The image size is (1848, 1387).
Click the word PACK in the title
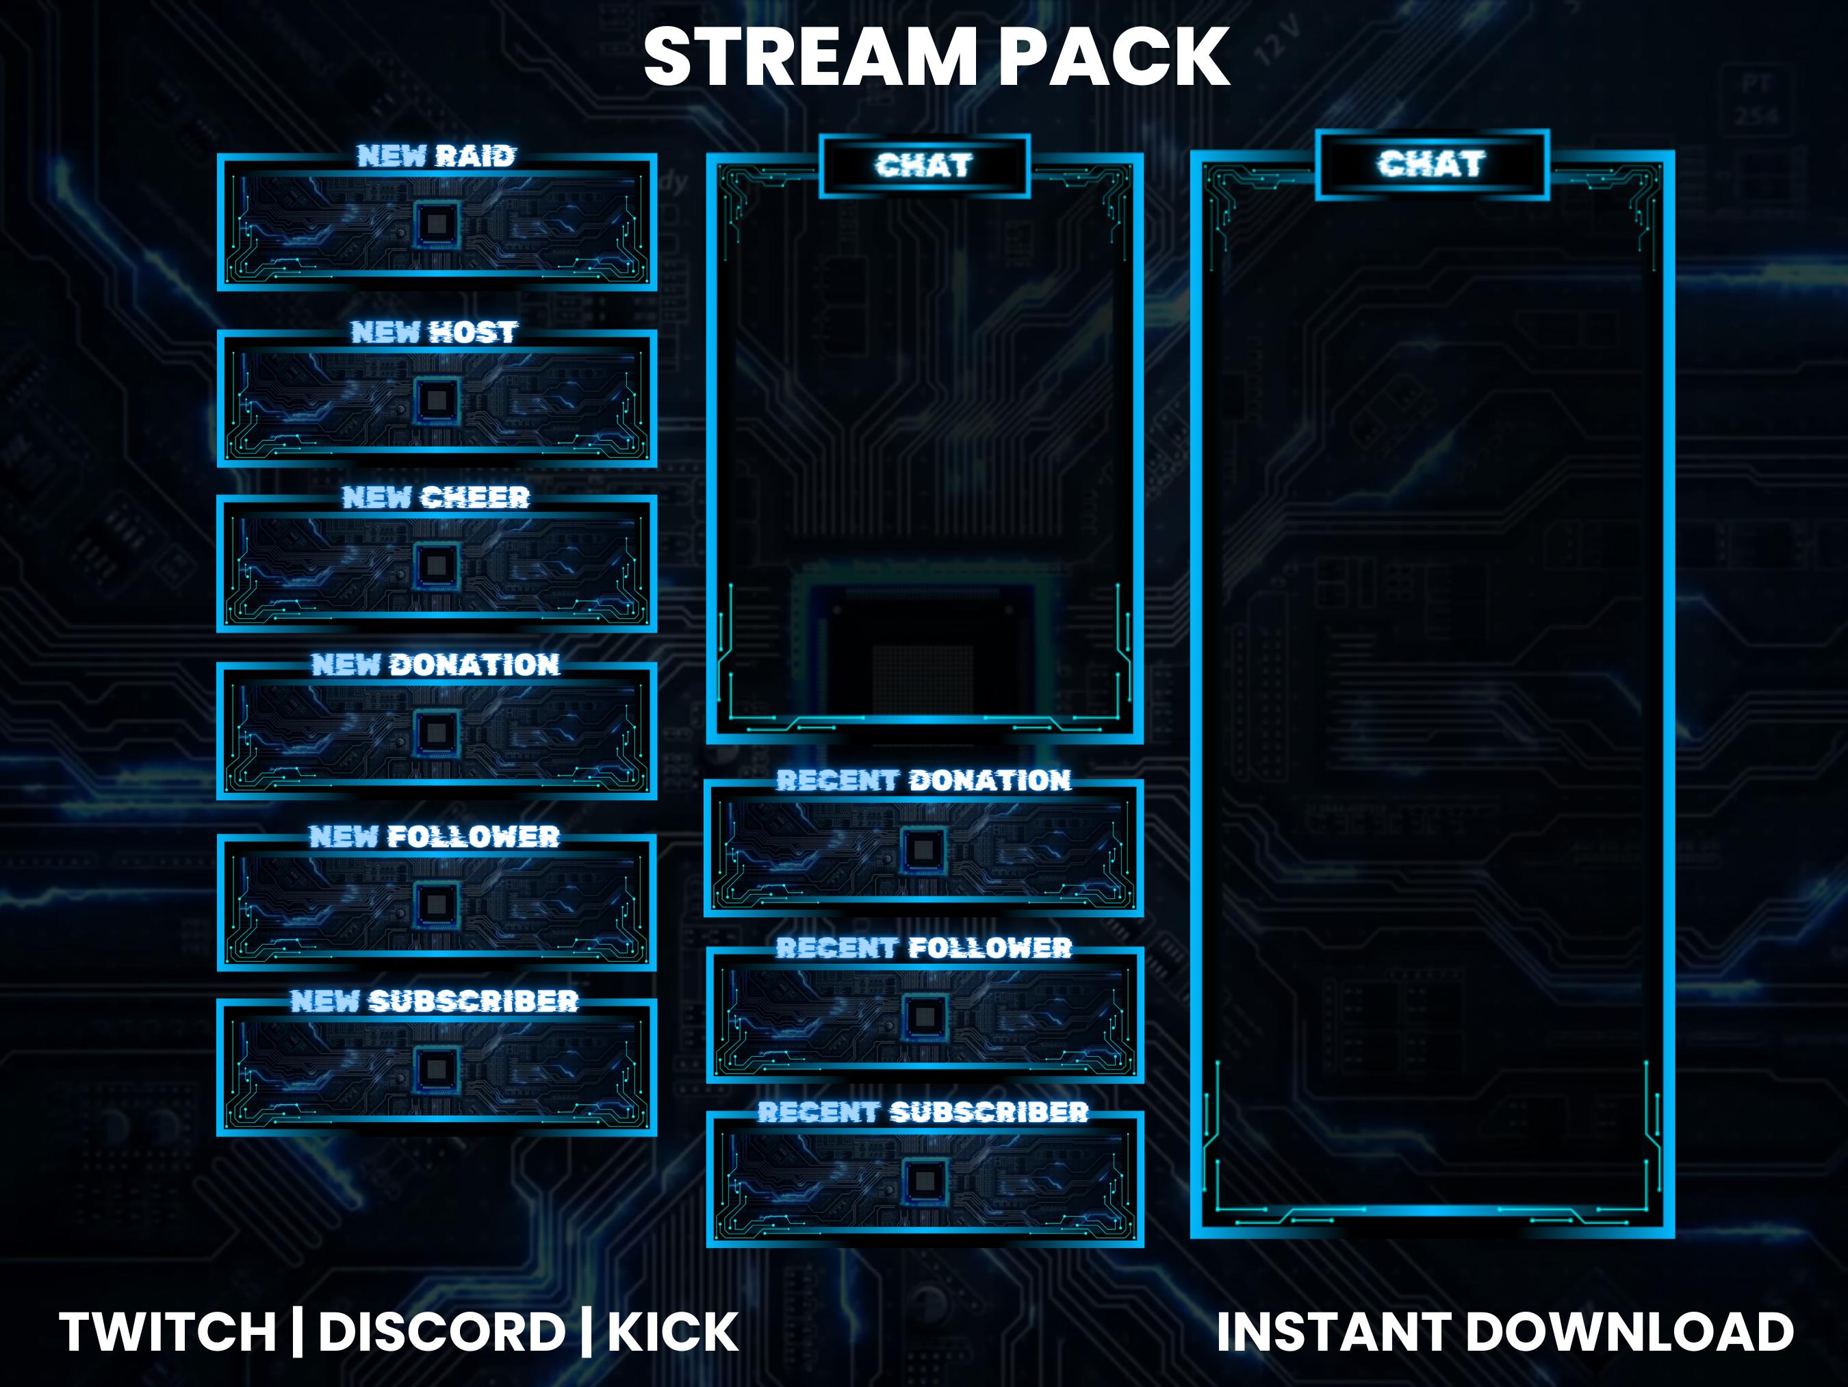click(1114, 57)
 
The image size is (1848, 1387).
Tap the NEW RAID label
click(436, 155)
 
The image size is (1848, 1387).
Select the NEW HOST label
click(435, 332)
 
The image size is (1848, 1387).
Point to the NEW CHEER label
click(436, 497)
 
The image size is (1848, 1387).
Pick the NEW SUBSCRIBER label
click(435, 1000)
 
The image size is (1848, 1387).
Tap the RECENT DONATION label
click(923, 780)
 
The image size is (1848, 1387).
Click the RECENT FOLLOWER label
click(923, 947)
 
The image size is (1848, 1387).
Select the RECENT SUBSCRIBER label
click(923, 1111)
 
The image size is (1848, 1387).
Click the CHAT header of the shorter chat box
click(924, 166)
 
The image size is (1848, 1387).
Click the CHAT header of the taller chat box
click(1432, 164)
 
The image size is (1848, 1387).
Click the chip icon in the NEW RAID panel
click(436, 223)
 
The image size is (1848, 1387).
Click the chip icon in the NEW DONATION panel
click(436, 733)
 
